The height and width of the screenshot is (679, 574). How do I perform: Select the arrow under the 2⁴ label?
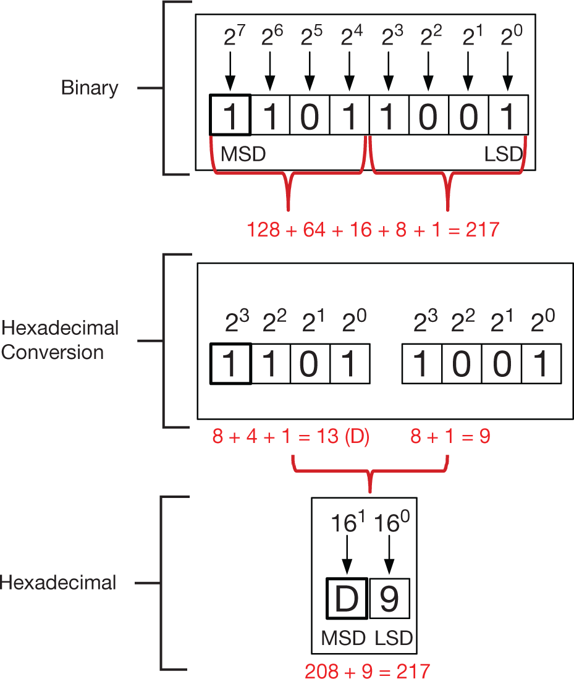point(349,70)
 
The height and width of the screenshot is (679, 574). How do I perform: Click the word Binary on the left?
point(90,88)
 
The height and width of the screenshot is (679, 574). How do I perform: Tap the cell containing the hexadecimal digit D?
point(347,599)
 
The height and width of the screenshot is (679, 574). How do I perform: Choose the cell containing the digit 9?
point(389,599)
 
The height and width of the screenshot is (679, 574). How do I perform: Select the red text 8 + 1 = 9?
point(450,437)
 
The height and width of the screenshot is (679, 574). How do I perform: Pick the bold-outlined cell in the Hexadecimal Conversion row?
point(230,364)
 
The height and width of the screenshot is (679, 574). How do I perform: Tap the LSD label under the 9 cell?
point(394,637)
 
